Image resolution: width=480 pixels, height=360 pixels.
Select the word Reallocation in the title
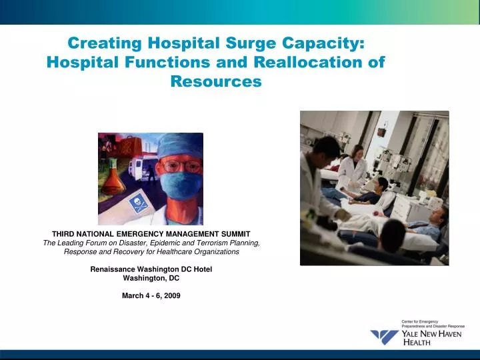point(299,63)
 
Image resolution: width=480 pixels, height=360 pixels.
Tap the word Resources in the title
point(216,82)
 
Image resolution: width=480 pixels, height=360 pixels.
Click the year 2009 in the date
point(171,295)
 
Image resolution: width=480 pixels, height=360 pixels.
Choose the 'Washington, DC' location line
point(151,278)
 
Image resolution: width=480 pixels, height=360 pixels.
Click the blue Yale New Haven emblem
point(384,337)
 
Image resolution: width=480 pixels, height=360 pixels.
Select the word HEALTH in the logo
point(418,343)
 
